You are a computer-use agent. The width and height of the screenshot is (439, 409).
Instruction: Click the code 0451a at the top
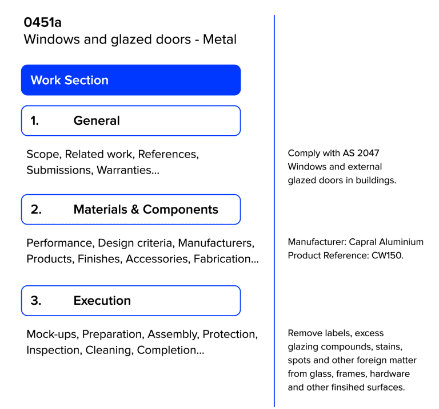click(42, 23)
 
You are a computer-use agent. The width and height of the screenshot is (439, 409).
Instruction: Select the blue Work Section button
click(130, 80)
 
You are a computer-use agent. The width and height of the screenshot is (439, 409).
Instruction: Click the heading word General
click(97, 121)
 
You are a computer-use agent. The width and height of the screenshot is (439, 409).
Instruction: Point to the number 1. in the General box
click(35, 121)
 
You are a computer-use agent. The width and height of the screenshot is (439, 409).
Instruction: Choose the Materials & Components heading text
click(145, 210)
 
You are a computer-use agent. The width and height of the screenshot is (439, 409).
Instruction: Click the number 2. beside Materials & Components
click(35, 210)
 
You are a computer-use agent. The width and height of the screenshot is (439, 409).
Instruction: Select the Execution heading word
click(102, 301)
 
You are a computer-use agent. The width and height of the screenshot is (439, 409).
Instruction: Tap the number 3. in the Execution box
click(35, 301)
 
